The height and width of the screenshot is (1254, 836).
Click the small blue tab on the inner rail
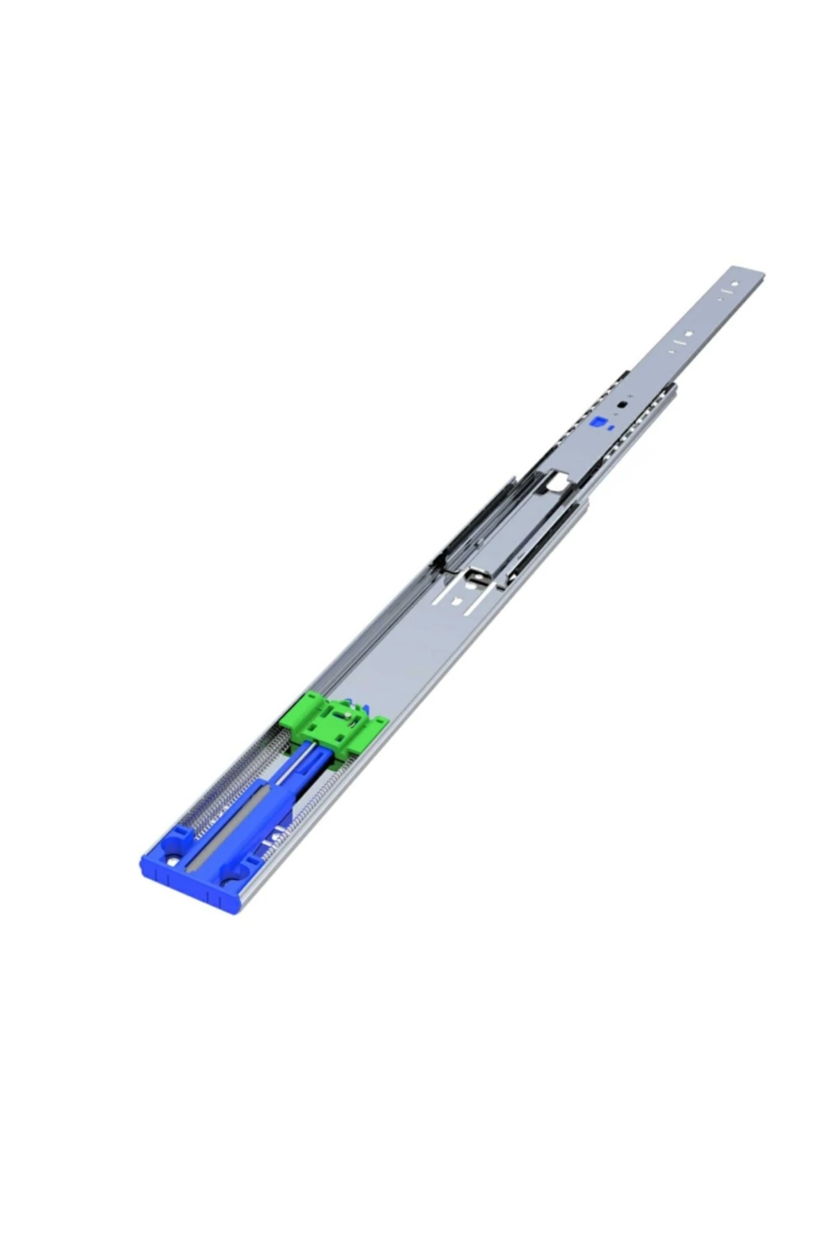(x=598, y=423)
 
